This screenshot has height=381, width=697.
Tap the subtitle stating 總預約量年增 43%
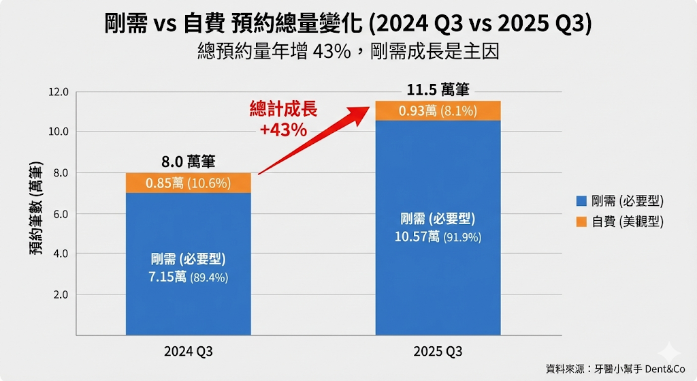[x=348, y=52]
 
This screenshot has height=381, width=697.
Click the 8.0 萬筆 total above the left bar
[x=188, y=162]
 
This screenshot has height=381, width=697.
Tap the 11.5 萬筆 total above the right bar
[x=438, y=90]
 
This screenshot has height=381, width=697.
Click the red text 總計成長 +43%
[x=283, y=119]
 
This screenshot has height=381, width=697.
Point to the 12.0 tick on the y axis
[x=58, y=91]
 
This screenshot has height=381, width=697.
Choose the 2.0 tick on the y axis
[x=61, y=294]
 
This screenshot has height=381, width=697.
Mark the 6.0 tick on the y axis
[x=61, y=213]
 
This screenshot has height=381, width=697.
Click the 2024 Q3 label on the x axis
[x=188, y=352]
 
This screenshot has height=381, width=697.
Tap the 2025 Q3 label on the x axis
[x=438, y=352]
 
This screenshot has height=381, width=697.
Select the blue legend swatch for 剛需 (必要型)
[x=581, y=200]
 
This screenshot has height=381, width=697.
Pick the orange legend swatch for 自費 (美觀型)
[x=581, y=222]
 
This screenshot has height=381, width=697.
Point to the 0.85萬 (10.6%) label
[x=188, y=183]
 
